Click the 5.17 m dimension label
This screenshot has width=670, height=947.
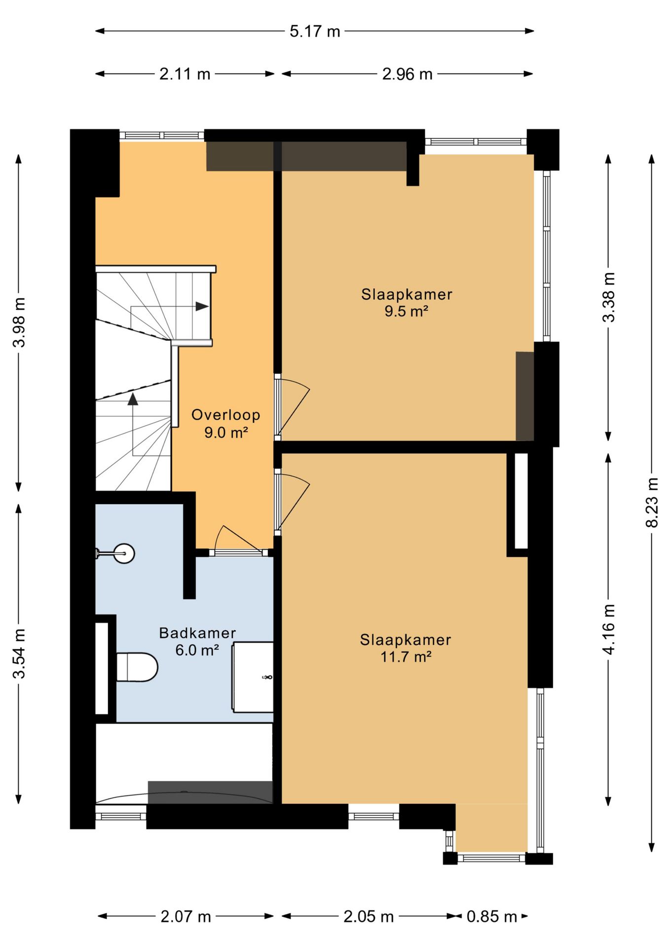point(315,32)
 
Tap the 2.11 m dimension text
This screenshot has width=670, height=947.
point(185,74)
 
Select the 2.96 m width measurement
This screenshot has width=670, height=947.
point(407,74)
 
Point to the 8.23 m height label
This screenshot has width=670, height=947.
point(652,502)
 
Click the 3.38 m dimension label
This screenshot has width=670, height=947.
point(609,297)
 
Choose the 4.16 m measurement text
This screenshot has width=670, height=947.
point(609,629)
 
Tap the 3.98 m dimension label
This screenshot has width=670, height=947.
point(19,323)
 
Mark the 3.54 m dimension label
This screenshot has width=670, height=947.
point(19,654)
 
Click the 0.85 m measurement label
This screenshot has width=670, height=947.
point(492,917)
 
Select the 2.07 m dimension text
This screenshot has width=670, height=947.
point(186,917)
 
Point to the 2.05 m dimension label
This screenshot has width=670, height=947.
point(369,917)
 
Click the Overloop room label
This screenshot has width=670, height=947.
point(225,415)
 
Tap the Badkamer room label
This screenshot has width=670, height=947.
point(197,633)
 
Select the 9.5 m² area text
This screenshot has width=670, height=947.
point(406,311)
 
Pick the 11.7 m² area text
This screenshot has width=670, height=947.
point(406,657)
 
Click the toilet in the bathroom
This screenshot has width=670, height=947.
point(137,667)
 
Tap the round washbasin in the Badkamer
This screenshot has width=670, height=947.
point(124,553)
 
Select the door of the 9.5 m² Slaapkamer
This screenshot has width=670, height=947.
point(292,407)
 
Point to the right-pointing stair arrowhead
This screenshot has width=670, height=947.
point(202,306)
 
